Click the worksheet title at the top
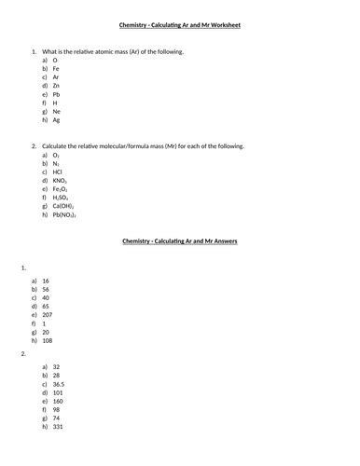180,25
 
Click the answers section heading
180,240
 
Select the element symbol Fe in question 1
56,69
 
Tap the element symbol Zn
56,86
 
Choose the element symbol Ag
57,120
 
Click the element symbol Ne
57,112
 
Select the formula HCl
58,172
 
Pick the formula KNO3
60,181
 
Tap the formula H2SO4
62,198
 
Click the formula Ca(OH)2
64,206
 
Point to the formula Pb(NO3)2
65,215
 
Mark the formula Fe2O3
61,189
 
